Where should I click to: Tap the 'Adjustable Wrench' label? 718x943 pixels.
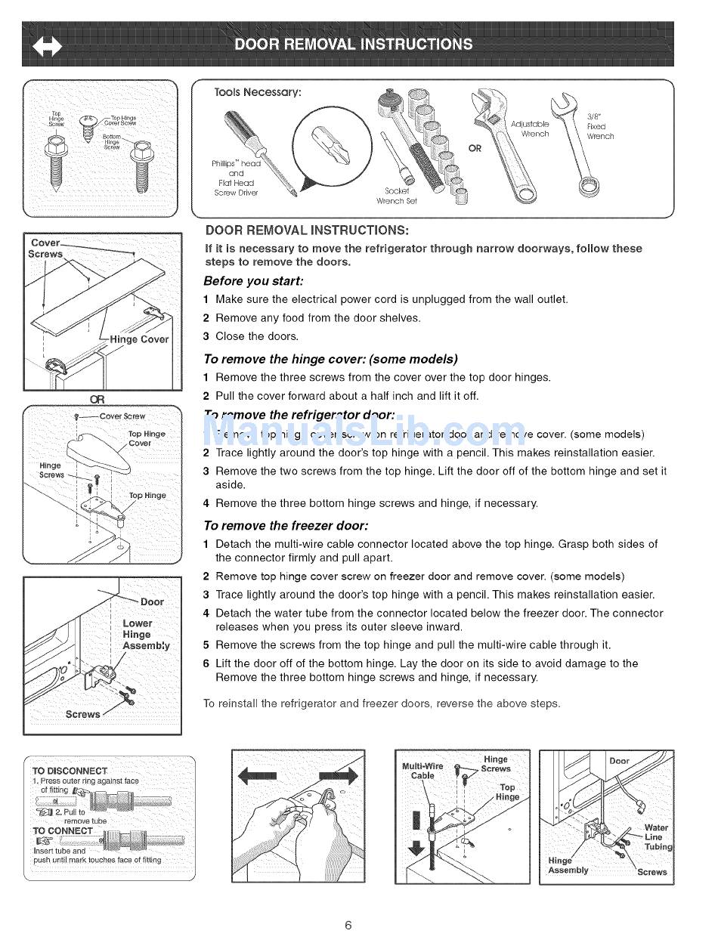[530, 128]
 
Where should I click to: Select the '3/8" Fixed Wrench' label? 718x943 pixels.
[600, 127]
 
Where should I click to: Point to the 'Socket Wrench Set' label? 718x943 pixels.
[397, 196]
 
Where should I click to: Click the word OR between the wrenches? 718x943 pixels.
[475, 148]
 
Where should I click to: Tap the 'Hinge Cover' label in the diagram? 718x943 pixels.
[139, 339]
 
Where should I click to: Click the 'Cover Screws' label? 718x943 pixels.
[45, 249]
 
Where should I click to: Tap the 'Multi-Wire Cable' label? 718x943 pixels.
[422, 771]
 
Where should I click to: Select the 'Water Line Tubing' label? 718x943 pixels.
[656, 837]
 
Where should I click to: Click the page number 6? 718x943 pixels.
[348, 925]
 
